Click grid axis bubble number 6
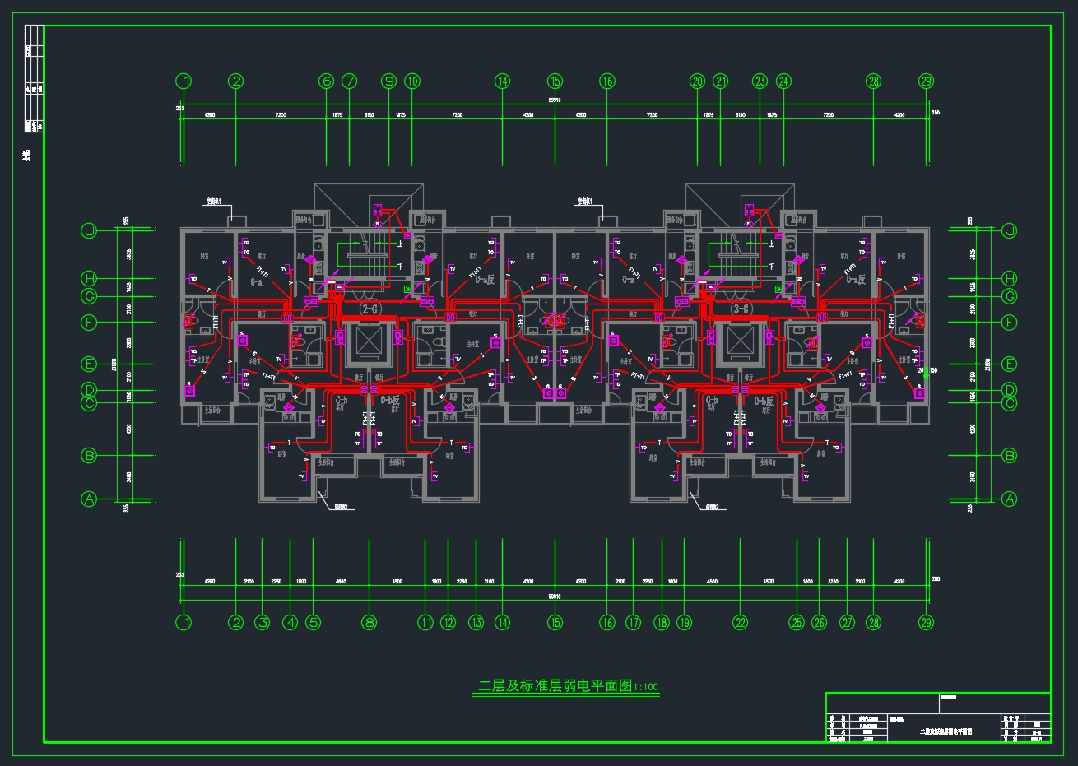pos(327,81)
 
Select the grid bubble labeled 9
pos(389,81)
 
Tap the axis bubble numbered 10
pos(412,81)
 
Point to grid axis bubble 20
pos(698,81)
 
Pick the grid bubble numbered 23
pos(760,81)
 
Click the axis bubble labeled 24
pos(783,81)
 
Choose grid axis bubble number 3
pos(263,622)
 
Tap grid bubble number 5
pos(313,622)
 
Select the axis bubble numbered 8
pos(369,622)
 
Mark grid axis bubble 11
pos(425,622)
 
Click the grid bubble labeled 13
pos(476,622)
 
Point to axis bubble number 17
pos(633,622)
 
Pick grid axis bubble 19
pos(685,622)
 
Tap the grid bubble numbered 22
pos(741,622)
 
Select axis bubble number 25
pos(796,622)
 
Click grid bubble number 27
pos(848,622)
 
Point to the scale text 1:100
pos(646,687)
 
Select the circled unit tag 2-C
pos(369,309)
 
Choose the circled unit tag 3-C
pos(740,309)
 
